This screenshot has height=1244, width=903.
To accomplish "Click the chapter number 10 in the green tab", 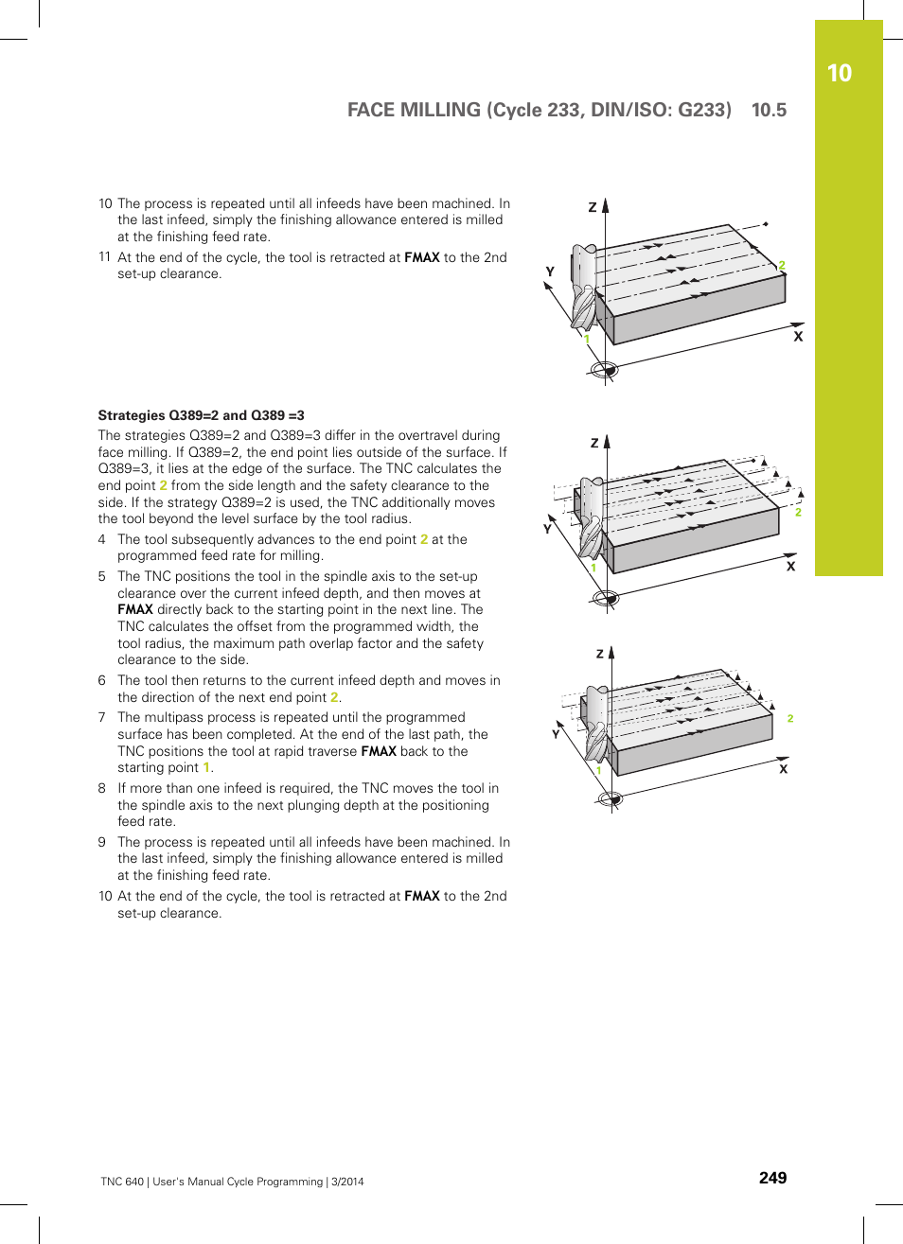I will pyautogui.click(x=839, y=74).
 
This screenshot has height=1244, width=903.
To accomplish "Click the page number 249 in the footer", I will pyautogui.click(x=772, y=1178).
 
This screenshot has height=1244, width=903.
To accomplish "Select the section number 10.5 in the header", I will pyautogui.click(x=769, y=110).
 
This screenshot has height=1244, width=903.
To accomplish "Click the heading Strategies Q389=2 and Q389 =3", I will pyautogui.click(x=201, y=415).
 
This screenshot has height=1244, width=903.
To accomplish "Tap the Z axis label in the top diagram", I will pyautogui.click(x=593, y=207).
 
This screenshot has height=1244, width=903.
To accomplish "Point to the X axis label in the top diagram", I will pyautogui.click(x=798, y=337).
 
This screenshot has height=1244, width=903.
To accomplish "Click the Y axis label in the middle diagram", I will pyautogui.click(x=547, y=529).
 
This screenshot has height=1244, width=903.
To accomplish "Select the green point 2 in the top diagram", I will pyautogui.click(x=782, y=266).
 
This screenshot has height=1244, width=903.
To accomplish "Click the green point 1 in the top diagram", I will pyautogui.click(x=587, y=339).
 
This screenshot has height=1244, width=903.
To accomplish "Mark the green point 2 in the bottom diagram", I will pyautogui.click(x=790, y=719).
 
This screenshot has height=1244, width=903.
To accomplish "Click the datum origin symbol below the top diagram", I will pyautogui.click(x=604, y=369).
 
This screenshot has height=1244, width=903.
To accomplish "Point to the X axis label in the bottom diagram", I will pyautogui.click(x=783, y=769).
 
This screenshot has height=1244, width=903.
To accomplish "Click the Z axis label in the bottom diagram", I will pyautogui.click(x=599, y=654).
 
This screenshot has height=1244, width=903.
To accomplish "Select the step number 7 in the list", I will pyautogui.click(x=102, y=718).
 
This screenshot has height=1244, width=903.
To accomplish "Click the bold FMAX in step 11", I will pyautogui.click(x=421, y=257).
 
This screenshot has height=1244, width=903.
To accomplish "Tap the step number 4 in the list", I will pyautogui.click(x=102, y=539).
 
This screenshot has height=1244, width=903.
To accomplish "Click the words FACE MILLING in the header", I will pyautogui.click(x=414, y=110).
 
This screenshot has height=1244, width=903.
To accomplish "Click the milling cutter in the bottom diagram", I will pyautogui.click(x=595, y=724).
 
